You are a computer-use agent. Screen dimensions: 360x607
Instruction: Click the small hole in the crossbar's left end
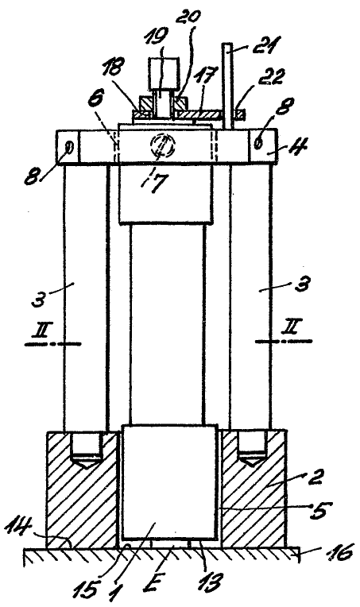[69, 147]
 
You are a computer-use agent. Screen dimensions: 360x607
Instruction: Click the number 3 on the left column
[40, 299]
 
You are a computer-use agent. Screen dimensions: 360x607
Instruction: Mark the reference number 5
[319, 509]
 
